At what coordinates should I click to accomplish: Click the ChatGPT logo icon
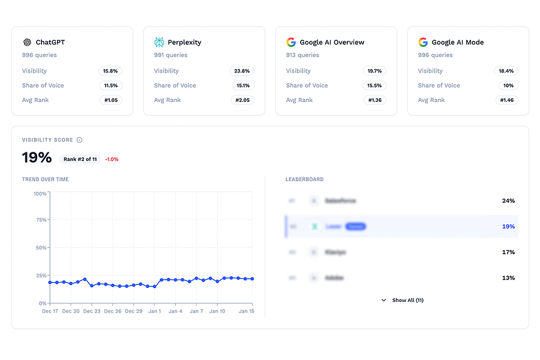[27, 43]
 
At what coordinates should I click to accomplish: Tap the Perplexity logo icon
[159, 43]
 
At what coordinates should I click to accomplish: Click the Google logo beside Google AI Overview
[291, 43]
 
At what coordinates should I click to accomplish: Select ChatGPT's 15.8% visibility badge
[110, 71]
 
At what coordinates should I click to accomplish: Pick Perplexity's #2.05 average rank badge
[242, 100]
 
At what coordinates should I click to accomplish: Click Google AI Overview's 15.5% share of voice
[374, 85]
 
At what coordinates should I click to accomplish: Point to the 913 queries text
[303, 55]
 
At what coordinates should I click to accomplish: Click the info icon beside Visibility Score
[80, 140]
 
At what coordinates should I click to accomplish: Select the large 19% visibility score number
[37, 158]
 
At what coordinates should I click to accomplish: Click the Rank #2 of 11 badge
[80, 159]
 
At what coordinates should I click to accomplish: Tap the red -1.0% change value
[112, 159]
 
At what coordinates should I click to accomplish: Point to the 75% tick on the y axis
[40, 220]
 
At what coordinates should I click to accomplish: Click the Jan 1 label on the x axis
[155, 311]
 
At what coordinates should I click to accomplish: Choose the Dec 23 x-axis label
[92, 311]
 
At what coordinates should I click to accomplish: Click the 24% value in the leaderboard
[508, 201]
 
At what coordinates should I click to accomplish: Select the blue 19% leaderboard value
[508, 227]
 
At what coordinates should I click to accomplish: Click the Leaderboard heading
[304, 179]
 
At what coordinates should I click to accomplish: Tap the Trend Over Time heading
[46, 179]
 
